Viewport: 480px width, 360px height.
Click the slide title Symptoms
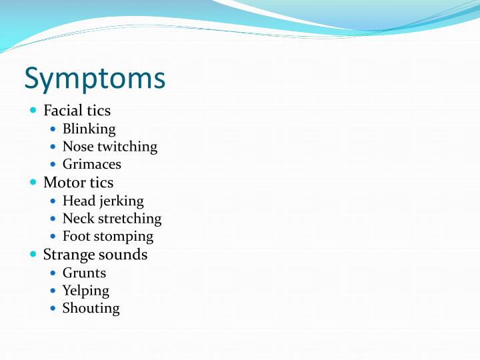[95, 79]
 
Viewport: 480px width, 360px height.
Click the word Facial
[63, 111]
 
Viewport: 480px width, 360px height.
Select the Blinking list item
[89, 129]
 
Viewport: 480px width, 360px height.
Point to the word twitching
[127, 147]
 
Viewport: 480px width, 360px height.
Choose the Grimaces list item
[91, 164]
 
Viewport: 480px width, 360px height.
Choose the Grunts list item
[84, 273]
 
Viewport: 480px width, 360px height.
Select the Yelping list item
[85, 291]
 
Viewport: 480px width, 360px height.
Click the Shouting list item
[91, 308]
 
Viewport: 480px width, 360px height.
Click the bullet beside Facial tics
[34, 111]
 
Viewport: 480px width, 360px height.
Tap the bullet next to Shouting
[53, 309]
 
